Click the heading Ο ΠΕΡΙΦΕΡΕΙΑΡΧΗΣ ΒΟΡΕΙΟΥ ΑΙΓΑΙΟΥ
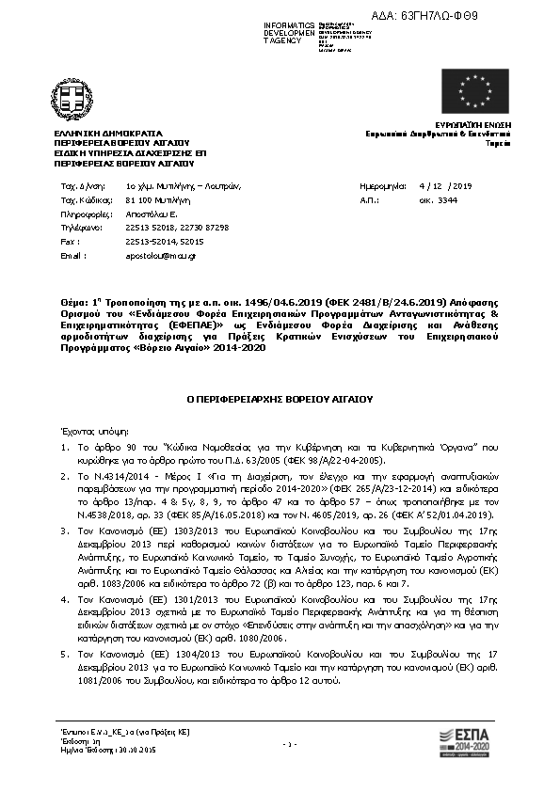[280, 399]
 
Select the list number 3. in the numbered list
[63, 531]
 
